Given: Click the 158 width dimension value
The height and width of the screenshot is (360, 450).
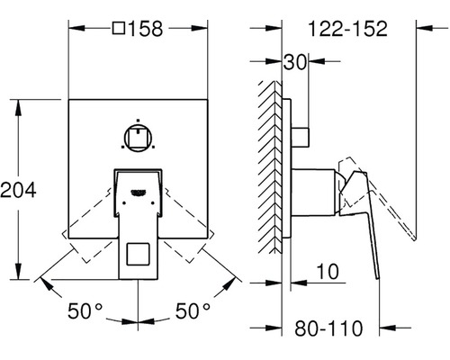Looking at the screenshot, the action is point(146,29).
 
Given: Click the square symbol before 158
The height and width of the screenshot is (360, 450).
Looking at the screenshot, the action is point(119,28).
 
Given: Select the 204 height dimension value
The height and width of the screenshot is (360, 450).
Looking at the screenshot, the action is point(18,190).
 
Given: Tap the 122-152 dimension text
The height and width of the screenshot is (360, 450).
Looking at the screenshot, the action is point(347,29).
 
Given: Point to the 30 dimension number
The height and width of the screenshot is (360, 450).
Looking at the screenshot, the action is point(295,62).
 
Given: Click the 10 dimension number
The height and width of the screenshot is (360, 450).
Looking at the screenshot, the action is point(328,272).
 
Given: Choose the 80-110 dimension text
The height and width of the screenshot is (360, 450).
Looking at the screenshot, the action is point(328,328).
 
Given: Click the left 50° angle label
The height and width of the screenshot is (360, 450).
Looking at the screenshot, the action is point(85,310).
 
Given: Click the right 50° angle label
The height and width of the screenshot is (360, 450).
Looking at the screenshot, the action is point(193,310).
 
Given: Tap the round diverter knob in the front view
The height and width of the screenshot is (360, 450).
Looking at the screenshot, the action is point(138,138).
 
